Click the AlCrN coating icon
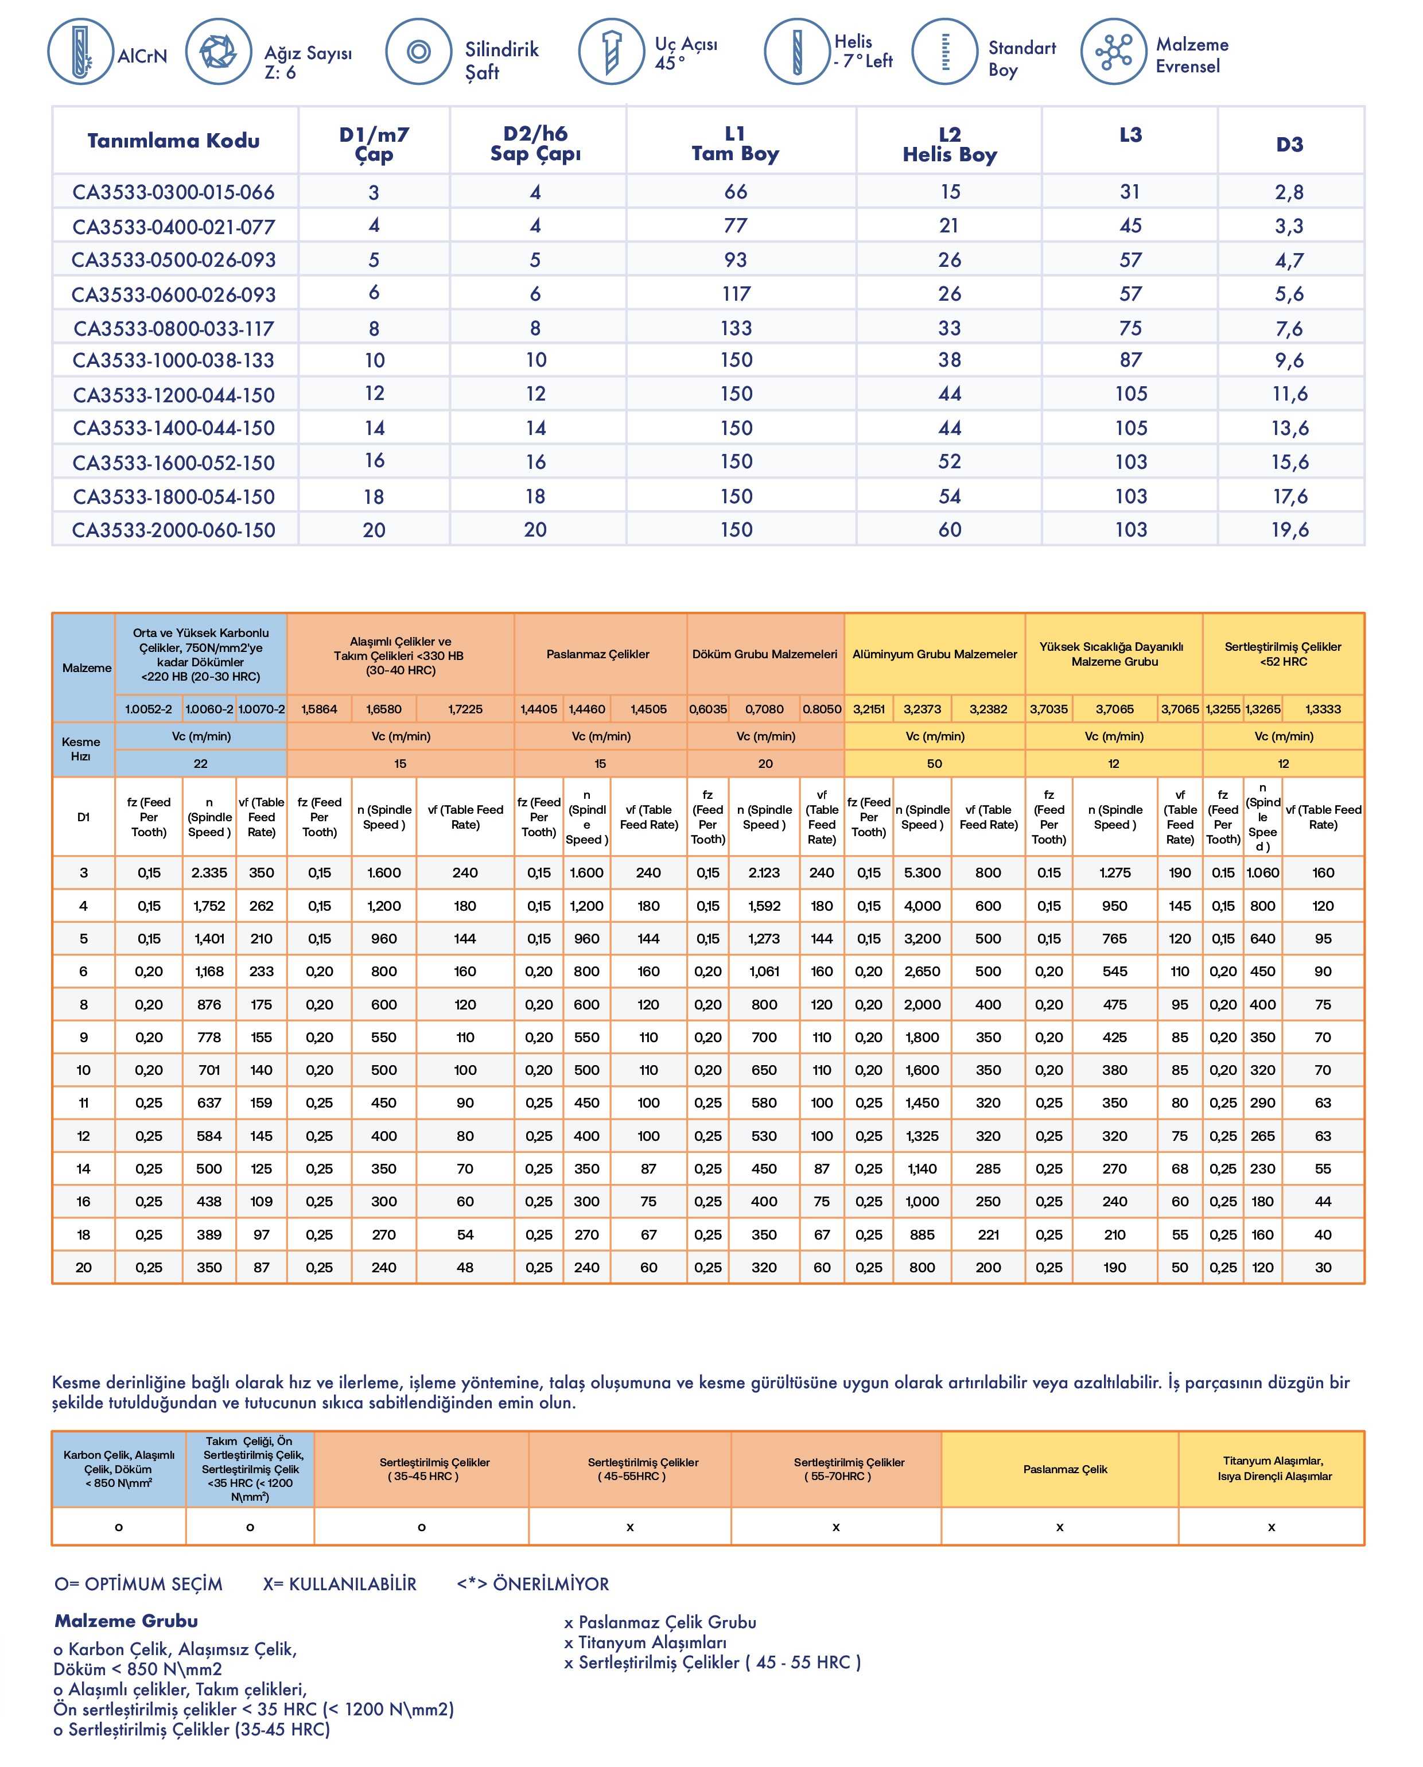pyautogui.click(x=80, y=52)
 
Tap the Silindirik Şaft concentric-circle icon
pyautogui.click(x=418, y=52)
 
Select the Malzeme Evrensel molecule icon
pyautogui.click(x=1113, y=52)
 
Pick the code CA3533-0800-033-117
pyautogui.click(x=174, y=329)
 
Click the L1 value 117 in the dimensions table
pyautogui.click(x=736, y=293)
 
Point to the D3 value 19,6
pyautogui.click(x=1289, y=530)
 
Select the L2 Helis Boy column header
pyautogui.click(x=949, y=144)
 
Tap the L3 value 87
pyautogui.click(x=1130, y=360)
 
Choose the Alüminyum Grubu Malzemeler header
pyautogui.click(x=935, y=654)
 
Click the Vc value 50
pyautogui.click(x=935, y=763)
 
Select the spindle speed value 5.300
pyautogui.click(x=922, y=872)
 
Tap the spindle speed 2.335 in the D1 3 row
pyautogui.click(x=209, y=872)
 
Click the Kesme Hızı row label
pyautogui.click(x=81, y=748)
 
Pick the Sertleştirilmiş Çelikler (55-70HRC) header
pyautogui.click(x=849, y=1469)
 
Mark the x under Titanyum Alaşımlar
pyautogui.click(x=1272, y=1526)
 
